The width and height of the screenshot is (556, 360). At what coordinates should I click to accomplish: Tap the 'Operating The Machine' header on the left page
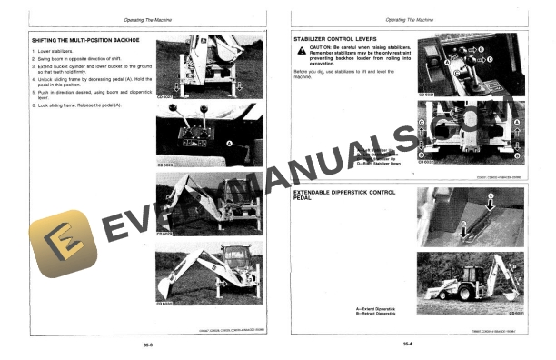146,19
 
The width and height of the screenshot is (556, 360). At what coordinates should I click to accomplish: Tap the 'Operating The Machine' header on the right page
408,19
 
